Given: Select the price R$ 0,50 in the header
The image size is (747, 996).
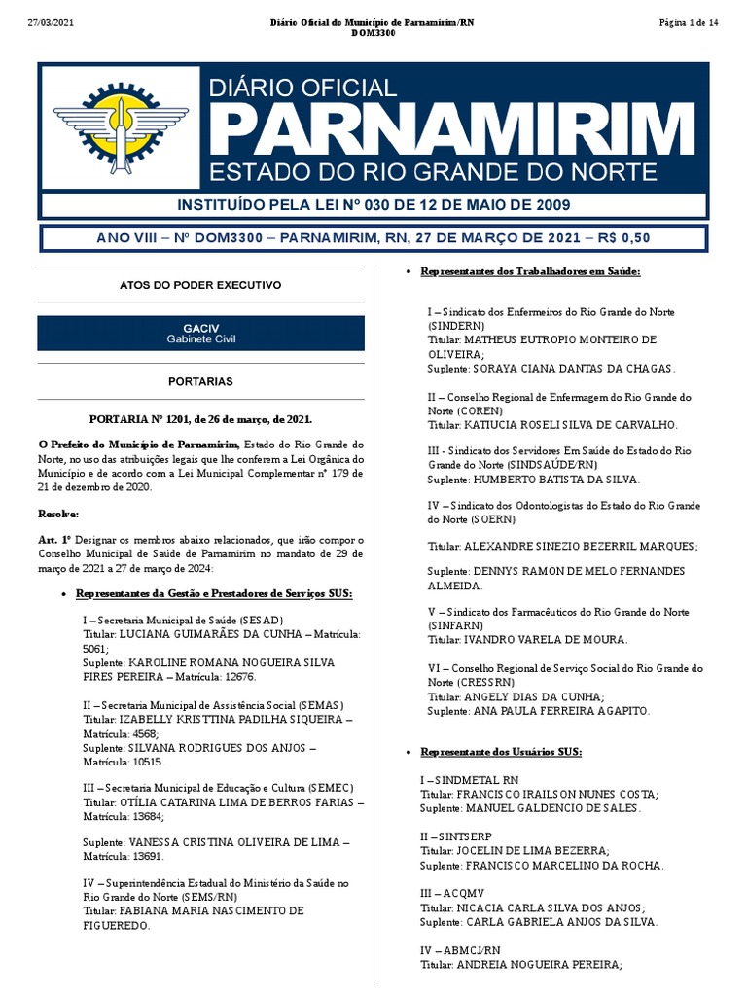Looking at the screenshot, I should point(622,238).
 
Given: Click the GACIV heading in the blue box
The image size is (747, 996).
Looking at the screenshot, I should point(200,328).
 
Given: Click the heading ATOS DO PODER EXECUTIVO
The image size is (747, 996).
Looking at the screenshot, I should point(200,285).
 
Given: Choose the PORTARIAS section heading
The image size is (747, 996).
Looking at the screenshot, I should point(200,383).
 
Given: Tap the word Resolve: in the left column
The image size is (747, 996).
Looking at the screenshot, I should point(58,514).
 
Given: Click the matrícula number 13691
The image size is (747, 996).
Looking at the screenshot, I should point(144,858).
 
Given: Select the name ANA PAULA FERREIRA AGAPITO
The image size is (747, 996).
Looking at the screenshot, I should point(560,711).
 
